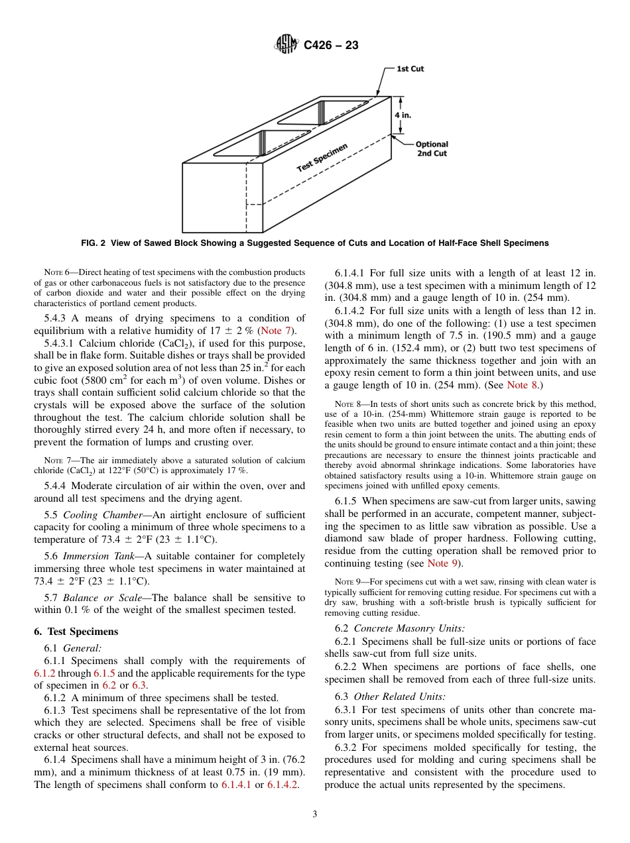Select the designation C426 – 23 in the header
[x=331, y=46]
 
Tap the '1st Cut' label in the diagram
[x=410, y=69]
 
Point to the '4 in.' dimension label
[x=403, y=115]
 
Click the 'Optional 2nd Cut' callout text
[x=432, y=148]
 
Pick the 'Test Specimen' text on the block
[x=322, y=158]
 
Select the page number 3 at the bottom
[x=315, y=815]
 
